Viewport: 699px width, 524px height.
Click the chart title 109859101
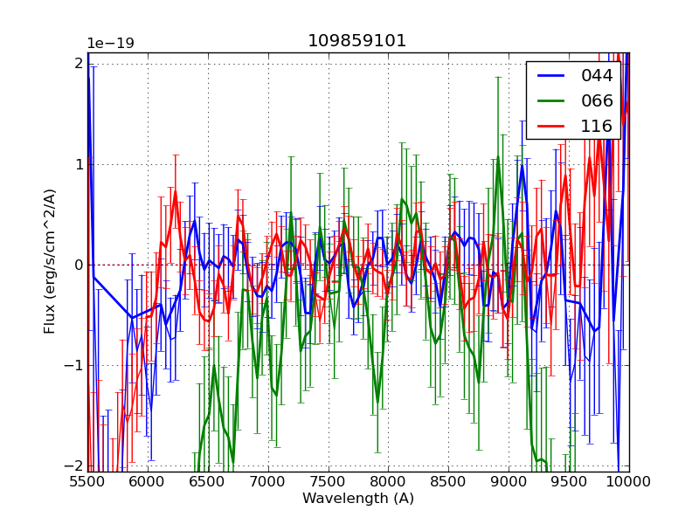point(356,41)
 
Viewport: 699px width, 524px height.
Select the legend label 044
point(597,76)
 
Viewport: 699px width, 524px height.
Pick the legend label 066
point(597,100)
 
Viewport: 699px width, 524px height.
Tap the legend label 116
point(597,126)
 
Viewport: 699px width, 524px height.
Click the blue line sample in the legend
point(550,76)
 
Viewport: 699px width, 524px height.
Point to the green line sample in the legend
point(550,100)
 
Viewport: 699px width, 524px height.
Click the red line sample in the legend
point(550,126)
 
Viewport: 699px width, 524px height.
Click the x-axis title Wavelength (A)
point(358,499)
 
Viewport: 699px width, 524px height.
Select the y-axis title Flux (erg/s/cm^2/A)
point(51,260)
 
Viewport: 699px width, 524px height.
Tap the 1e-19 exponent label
point(110,44)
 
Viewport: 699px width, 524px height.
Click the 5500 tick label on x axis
point(87,482)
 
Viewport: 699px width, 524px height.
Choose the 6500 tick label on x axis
point(208,482)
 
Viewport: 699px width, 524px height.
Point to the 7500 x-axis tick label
point(329,482)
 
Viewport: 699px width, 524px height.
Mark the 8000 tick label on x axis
point(389,482)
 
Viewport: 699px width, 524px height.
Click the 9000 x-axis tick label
point(509,482)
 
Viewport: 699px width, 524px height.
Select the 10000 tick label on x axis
point(629,482)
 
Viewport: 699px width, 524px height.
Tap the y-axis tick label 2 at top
point(79,64)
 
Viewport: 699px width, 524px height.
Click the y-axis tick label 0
point(78,265)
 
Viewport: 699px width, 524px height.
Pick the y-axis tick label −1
point(73,365)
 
